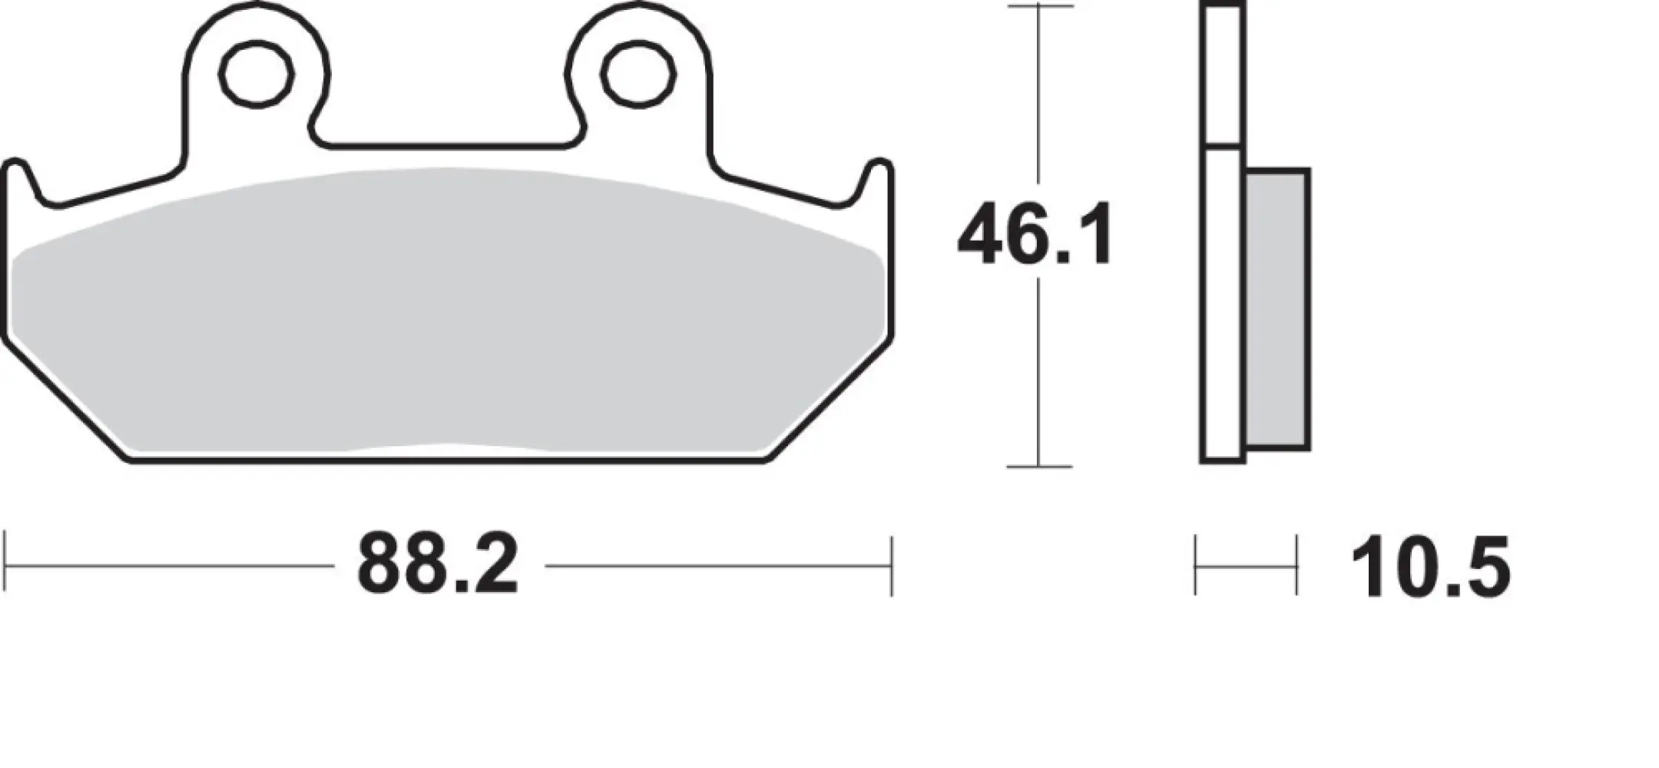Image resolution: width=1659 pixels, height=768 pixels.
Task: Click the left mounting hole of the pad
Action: coord(257,74)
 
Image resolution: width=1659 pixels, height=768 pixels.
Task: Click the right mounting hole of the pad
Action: coord(638,74)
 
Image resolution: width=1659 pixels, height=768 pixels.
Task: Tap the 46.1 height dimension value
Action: coord(1035,235)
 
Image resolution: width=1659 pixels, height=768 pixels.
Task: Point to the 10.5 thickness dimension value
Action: coord(1430,568)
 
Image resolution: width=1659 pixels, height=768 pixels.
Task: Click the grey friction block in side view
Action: coord(1277,309)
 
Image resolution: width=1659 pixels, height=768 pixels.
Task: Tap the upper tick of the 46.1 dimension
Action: coord(1039,6)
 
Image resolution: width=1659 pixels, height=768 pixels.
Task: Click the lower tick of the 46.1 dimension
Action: coord(1039,466)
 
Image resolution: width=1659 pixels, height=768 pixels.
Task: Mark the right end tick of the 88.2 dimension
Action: coord(891,567)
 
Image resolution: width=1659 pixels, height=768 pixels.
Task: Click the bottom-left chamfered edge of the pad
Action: coord(65,401)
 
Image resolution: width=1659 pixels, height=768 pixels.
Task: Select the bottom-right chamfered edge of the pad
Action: coord(829,401)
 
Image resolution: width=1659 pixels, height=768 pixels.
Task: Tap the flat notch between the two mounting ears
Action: coord(445,144)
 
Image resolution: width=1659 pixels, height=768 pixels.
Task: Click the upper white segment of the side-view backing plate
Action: coord(1222,75)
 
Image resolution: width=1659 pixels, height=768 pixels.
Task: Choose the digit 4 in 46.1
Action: coord(983,235)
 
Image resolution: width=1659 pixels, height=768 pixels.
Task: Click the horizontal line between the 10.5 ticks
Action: coord(1246,567)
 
